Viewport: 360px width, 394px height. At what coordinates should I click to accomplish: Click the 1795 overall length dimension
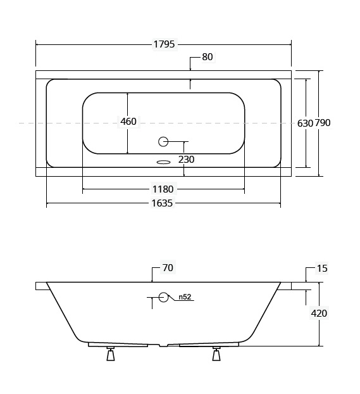[164, 44]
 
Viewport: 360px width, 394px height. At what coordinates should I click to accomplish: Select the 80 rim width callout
[208, 57]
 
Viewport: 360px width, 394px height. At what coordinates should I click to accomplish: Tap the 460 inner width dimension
[128, 122]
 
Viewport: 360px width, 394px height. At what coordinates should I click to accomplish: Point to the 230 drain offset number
[186, 160]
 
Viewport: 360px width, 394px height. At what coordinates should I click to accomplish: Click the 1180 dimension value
[163, 189]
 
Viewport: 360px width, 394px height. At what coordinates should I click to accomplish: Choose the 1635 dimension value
[162, 203]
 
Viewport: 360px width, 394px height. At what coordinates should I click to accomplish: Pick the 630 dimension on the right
[305, 123]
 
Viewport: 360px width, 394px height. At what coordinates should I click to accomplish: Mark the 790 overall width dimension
[323, 123]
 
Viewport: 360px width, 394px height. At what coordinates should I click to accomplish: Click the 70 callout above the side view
[168, 268]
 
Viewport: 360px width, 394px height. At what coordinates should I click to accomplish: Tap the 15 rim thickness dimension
[322, 269]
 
